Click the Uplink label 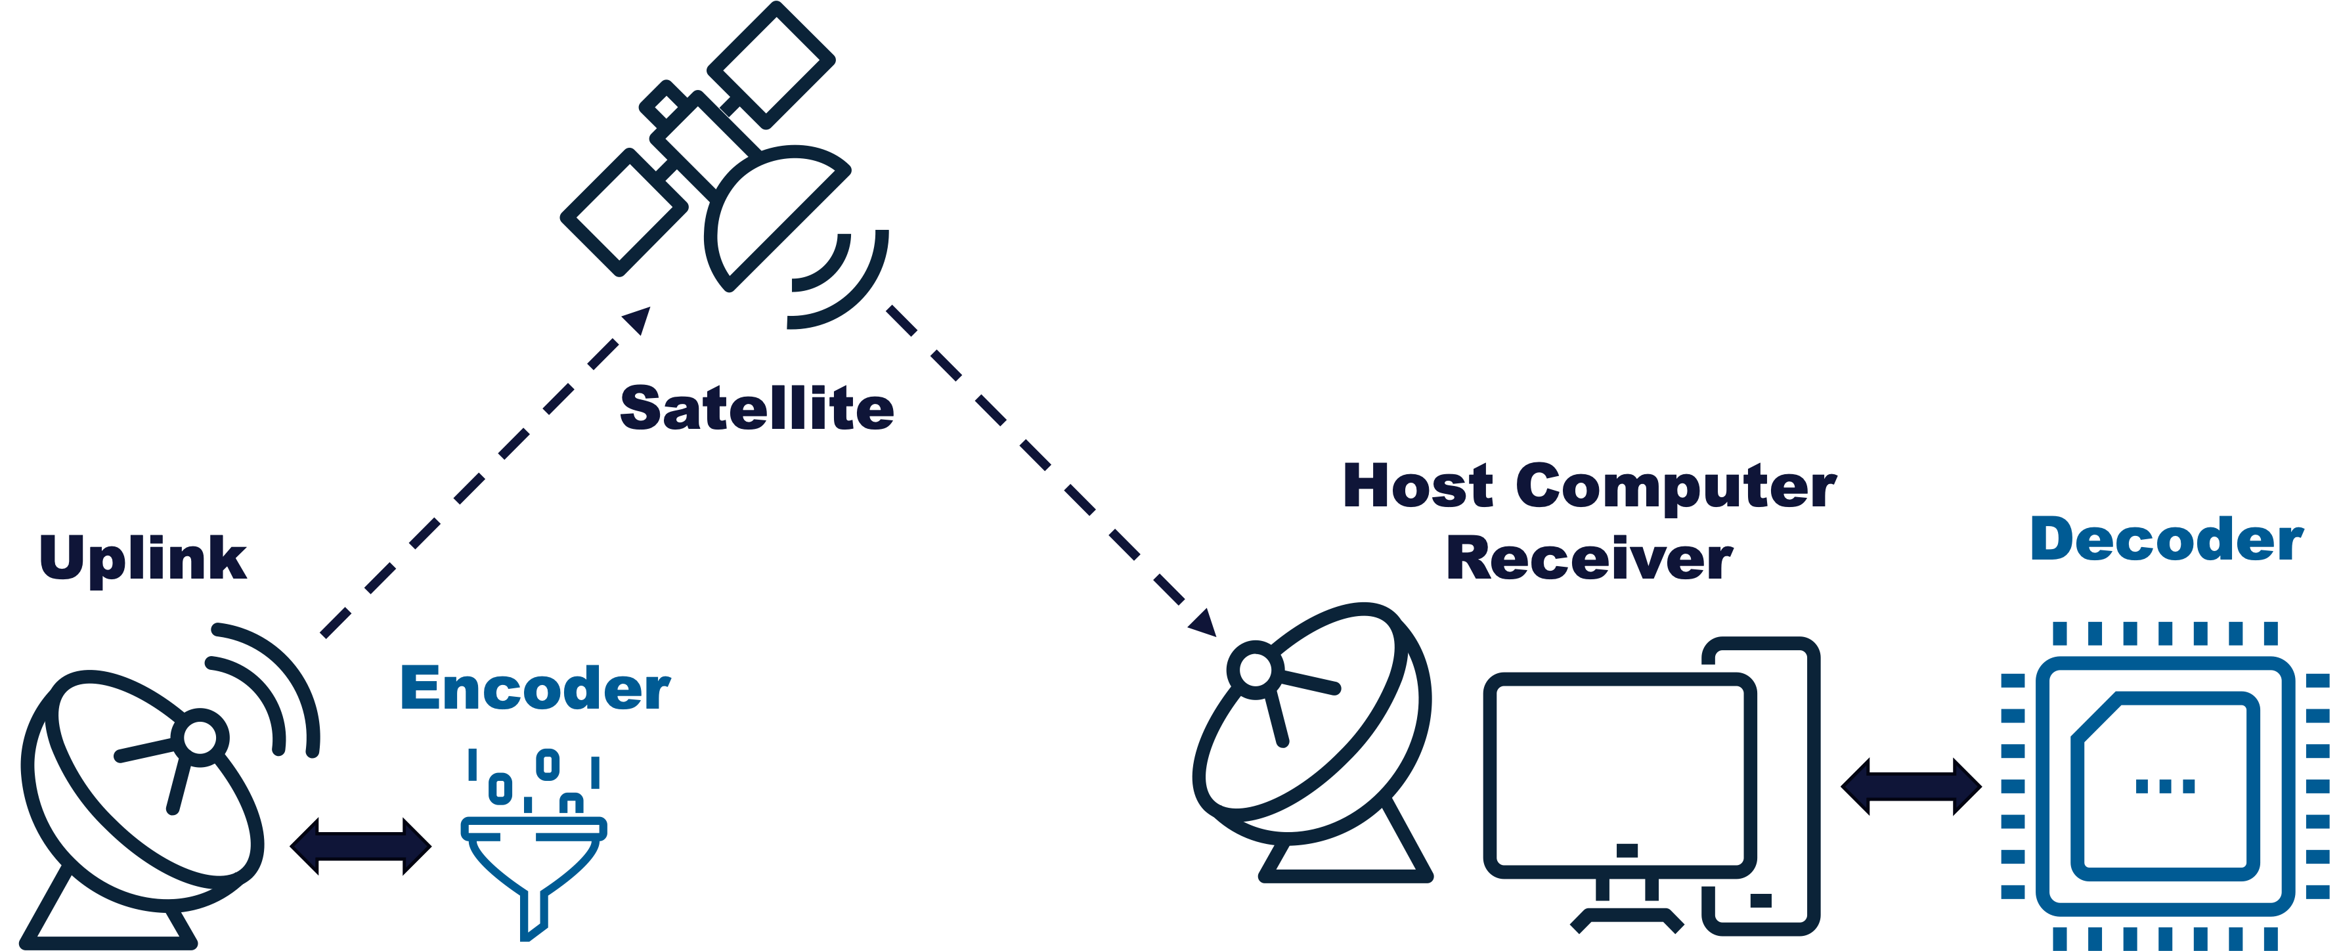coord(142,559)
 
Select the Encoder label coord(535,688)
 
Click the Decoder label coord(2166,539)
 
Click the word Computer coord(1676,487)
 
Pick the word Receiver coord(1588,558)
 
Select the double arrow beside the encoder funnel coord(361,847)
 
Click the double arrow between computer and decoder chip coord(1911,785)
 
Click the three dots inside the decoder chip coord(2165,786)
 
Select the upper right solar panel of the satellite coord(771,64)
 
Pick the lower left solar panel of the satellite coord(624,213)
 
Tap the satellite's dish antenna coord(772,218)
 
